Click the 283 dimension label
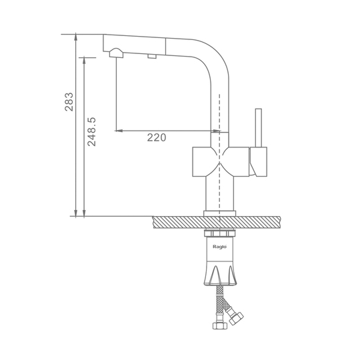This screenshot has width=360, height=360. pyautogui.click(x=69, y=102)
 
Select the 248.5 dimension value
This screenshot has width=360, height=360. pyautogui.click(x=91, y=132)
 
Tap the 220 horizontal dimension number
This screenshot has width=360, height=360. pyautogui.click(x=157, y=137)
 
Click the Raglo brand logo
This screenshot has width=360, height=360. pyautogui.click(x=219, y=247)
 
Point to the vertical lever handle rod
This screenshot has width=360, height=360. pyautogui.click(x=259, y=128)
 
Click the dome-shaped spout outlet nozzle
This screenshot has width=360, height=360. pyautogui.click(x=116, y=53)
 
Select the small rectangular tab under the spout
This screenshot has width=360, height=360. pyautogui.click(x=152, y=56)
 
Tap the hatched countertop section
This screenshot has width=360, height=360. pyautogui.click(x=217, y=222)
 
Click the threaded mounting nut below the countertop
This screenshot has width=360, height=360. pyautogui.click(x=219, y=233)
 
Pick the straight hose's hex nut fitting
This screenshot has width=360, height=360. pyautogui.click(x=220, y=325)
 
